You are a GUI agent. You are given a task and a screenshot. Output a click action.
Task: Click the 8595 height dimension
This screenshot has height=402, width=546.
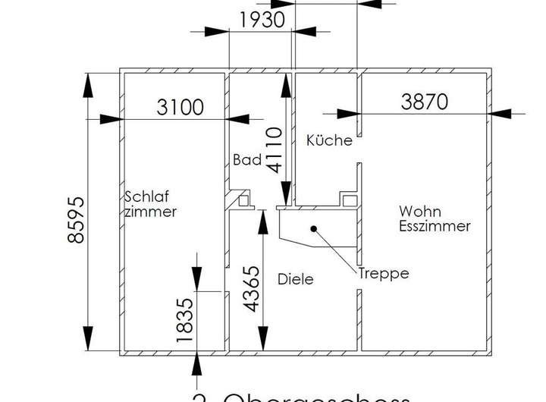[76, 220]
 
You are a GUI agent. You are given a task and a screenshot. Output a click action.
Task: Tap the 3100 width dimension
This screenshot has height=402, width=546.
[180, 107]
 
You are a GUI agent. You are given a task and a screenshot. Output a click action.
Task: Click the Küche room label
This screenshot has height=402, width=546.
[329, 140]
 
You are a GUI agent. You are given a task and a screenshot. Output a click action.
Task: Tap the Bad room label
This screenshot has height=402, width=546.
[247, 160]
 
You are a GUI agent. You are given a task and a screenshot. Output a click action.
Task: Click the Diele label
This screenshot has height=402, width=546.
[295, 279]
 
